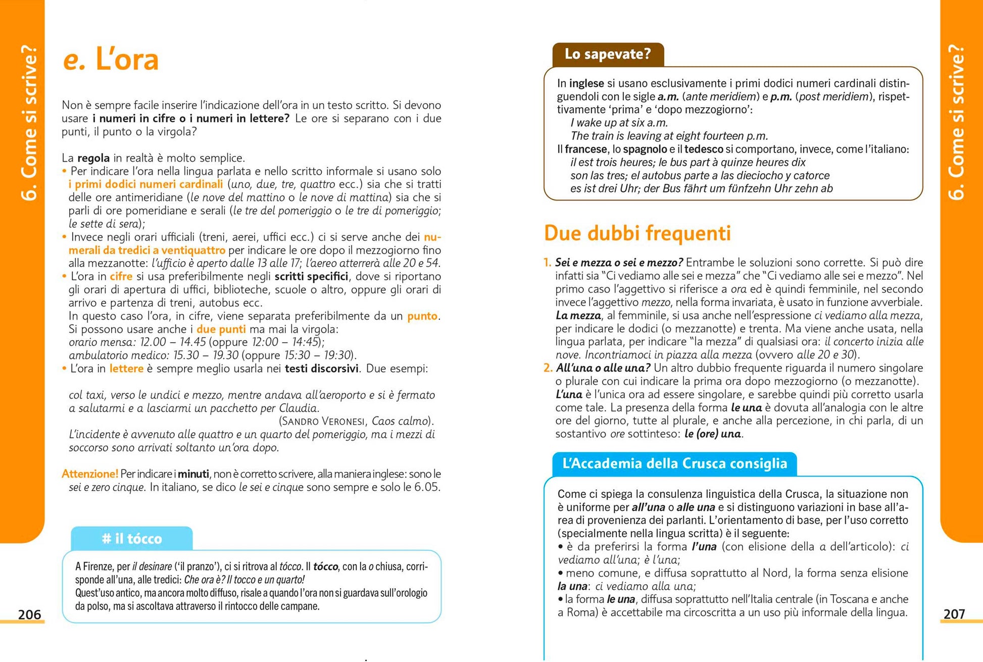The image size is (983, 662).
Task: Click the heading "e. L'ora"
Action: (111, 60)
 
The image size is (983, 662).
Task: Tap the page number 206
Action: (29, 614)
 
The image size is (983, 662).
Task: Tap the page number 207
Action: (954, 614)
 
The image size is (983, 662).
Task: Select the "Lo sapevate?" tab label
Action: (608, 54)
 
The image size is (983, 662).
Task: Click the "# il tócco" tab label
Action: (132, 539)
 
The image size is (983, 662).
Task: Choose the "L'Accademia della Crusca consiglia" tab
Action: (674, 463)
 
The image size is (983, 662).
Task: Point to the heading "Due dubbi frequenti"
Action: (637, 233)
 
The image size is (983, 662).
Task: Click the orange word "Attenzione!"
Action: (90, 474)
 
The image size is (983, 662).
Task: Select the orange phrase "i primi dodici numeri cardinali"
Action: (145, 184)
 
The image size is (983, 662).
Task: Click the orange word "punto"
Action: (422, 316)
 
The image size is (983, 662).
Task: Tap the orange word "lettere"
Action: (126, 369)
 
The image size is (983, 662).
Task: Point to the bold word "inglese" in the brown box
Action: (586, 83)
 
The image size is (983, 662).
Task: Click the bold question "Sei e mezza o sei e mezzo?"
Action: (619, 263)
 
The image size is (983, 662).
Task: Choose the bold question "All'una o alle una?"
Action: (603, 368)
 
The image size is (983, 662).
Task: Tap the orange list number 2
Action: (548, 368)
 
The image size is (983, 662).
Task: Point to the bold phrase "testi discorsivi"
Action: (322, 369)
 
